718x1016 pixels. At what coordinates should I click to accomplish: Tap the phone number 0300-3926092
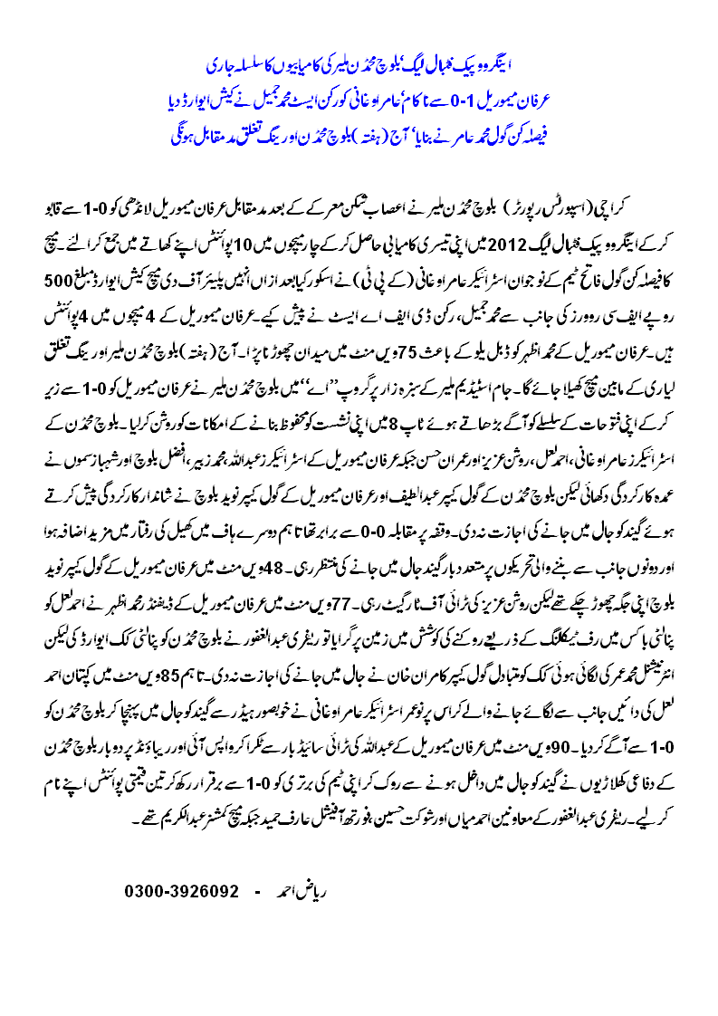click(x=181, y=892)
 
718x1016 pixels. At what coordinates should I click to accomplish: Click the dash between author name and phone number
click(x=256, y=892)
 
